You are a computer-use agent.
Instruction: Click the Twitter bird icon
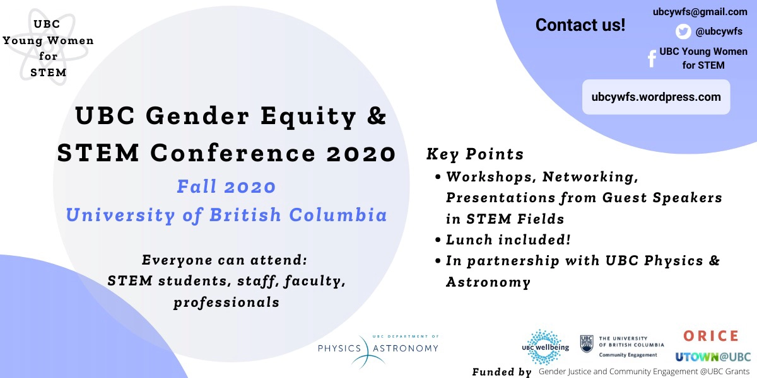pos(683,31)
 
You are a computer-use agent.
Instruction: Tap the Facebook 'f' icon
pos(652,59)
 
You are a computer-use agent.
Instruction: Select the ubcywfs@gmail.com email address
pos(700,11)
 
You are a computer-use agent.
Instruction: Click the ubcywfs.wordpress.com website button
pos(656,97)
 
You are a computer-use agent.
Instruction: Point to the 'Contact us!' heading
pos(580,25)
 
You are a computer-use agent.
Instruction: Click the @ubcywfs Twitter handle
pos(719,31)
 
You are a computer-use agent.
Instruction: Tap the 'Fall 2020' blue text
pos(226,187)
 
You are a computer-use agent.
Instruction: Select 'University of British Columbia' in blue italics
pos(226,215)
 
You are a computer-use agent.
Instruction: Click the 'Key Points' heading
pos(475,154)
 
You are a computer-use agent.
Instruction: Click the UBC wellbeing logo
pos(545,346)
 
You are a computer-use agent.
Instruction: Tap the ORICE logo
pos(710,336)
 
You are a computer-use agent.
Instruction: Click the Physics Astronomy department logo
pos(377,348)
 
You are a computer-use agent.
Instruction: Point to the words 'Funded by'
pos(502,372)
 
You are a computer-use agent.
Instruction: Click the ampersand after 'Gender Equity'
pos(377,117)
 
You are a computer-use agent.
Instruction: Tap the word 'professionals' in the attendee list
pos(226,302)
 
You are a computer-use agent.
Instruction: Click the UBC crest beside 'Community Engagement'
pos(587,344)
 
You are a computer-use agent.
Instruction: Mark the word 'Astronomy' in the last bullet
pos(488,282)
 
